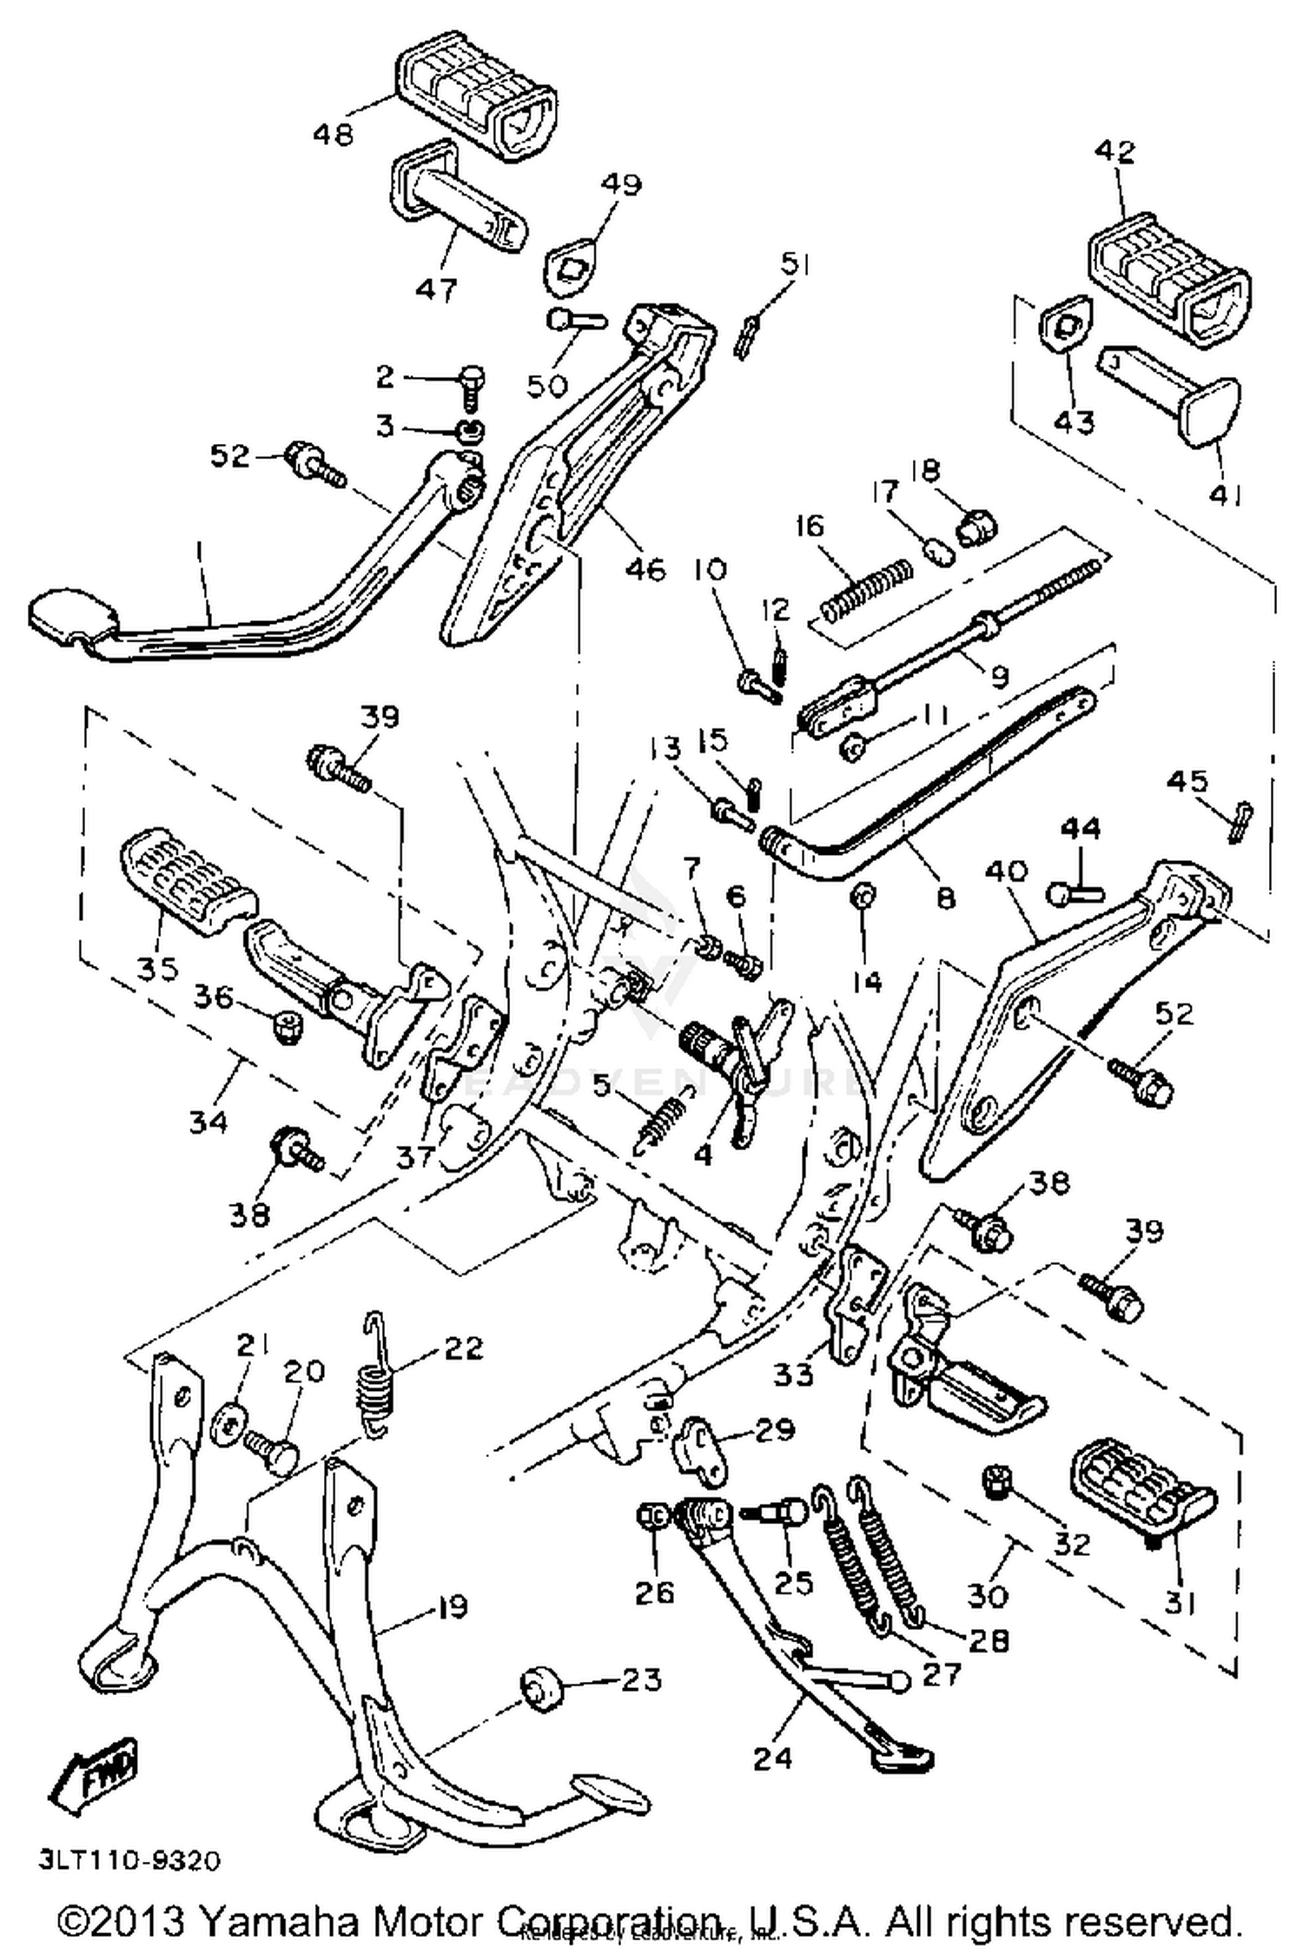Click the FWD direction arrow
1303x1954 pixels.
pos(94,1767)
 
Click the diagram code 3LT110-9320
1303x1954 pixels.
pos(129,1860)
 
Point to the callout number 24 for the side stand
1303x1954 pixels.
pos(772,1758)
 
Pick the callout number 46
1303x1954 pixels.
pos(646,569)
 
